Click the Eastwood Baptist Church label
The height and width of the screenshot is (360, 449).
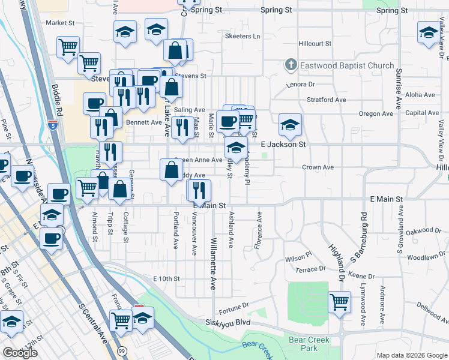click(348, 65)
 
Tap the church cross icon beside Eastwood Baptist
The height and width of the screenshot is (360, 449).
click(291, 65)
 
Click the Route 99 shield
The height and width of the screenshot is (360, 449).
click(122, 350)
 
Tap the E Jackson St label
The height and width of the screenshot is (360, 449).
click(283, 145)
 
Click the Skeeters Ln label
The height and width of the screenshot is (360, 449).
click(243, 37)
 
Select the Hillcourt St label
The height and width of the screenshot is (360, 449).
click(315, 44)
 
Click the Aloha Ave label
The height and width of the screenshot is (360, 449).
click(420, 95)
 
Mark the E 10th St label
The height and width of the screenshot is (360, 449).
click(166, 278)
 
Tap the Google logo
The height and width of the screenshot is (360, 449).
click(20, 353)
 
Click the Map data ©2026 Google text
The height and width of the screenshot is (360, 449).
click(411, 355)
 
